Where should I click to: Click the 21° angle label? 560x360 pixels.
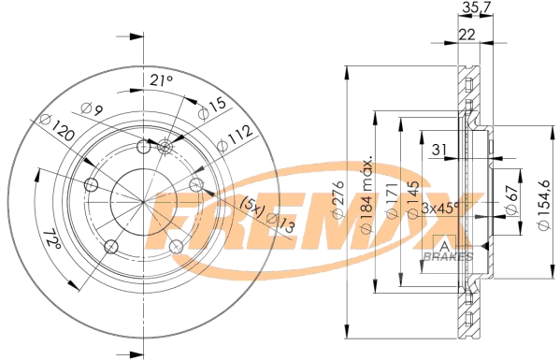(x=162, y=81)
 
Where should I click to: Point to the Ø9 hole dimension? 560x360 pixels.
(x=89, y=112)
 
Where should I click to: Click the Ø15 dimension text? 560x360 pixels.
(x=211, y=108)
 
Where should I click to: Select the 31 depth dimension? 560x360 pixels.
(x=438, y=149)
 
